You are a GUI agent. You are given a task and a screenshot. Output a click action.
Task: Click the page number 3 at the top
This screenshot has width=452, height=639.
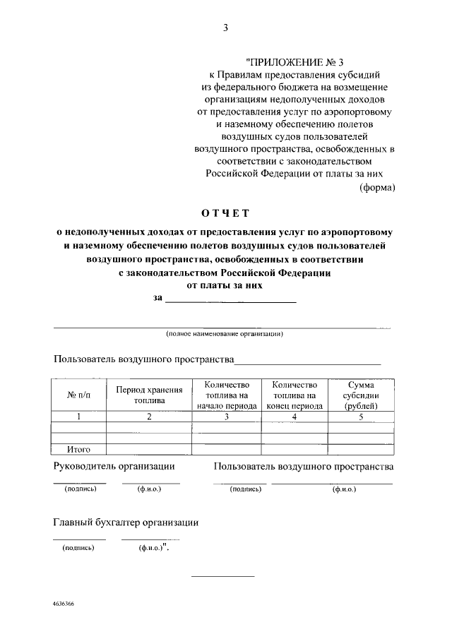pos(225,28)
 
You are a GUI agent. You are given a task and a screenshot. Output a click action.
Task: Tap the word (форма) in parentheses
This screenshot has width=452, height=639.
pos(377,188)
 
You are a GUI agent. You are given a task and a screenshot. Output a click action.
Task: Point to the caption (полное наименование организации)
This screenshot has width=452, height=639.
pos(225,333)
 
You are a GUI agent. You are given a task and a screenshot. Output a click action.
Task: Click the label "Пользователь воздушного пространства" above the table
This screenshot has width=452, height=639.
pos(143,359)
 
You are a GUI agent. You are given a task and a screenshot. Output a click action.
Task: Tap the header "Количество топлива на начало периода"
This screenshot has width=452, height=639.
pos(227,395)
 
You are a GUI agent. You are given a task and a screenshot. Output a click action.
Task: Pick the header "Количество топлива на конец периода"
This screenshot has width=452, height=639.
pos(294,395)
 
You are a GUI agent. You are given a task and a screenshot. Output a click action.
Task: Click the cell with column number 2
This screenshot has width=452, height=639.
pos(149,417)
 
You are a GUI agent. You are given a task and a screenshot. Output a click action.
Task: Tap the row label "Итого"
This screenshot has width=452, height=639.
pos(78,449)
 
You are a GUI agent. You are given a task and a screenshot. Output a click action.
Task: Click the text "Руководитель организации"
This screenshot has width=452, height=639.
pos(114,467)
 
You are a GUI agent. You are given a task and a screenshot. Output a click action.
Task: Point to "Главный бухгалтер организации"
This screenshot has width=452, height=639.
pos(126,523)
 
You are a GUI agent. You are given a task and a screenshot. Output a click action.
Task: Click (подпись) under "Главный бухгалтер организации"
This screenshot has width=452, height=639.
pos(78,547)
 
